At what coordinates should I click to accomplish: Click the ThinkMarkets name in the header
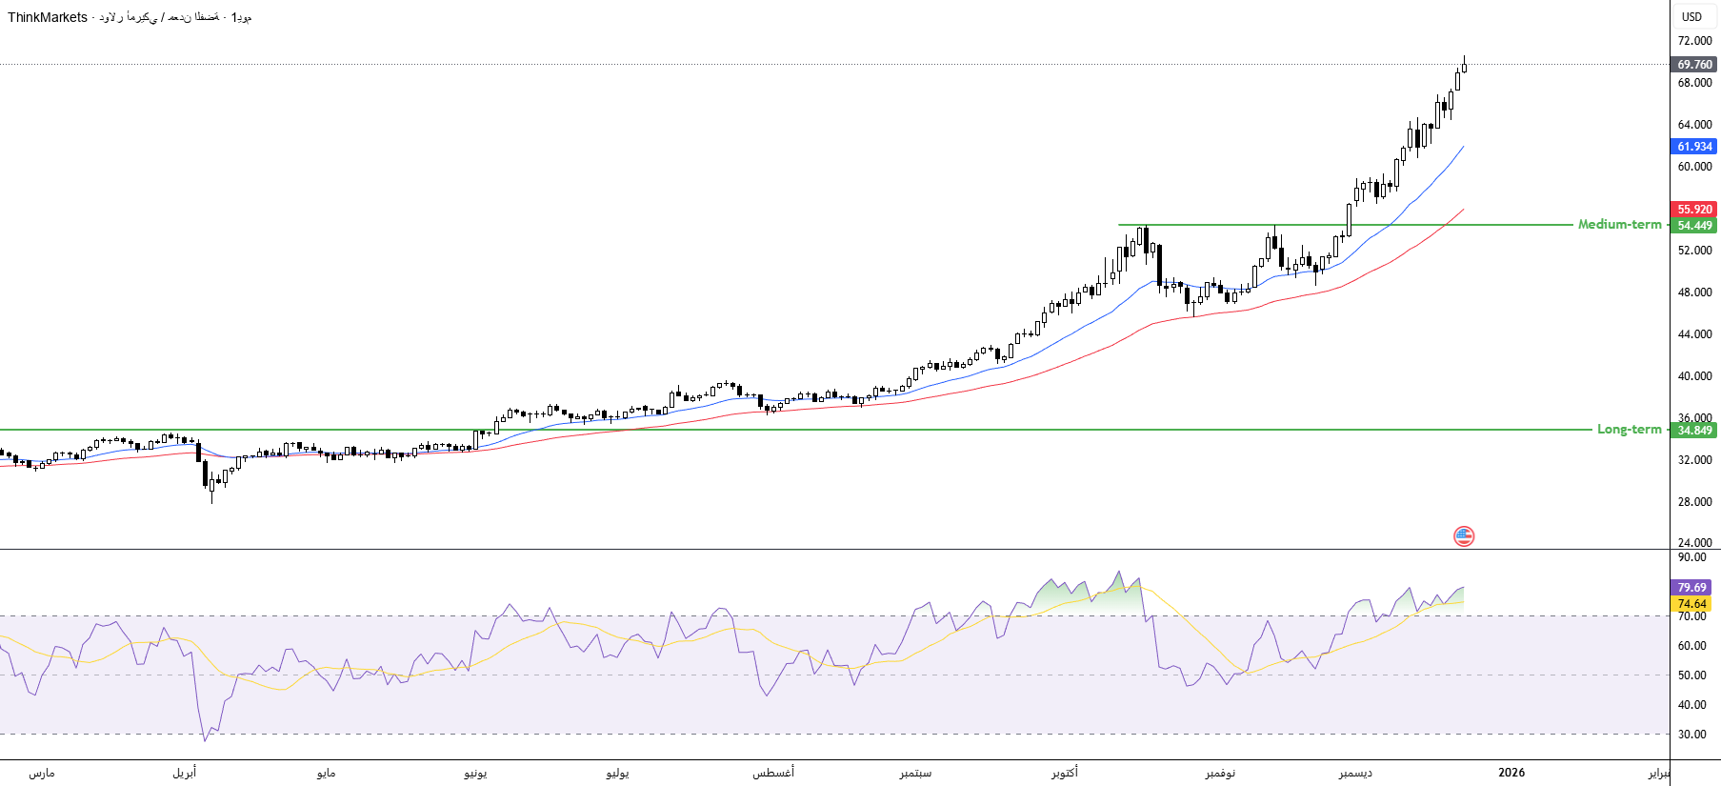tap(48, 17)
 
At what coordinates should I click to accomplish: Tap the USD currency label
tap(1691, 17)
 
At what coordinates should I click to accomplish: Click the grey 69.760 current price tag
tap(1694, 65)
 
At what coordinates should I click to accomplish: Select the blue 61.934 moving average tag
tap(1694, 147)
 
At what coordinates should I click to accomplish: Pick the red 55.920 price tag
tap(1694, 210)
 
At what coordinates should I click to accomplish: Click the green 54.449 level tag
tap(1694, 226)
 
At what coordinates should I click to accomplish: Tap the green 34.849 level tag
tap(1694, 431)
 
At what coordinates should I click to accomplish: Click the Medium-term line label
tap(1619, 225)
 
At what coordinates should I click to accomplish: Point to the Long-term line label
tap(1629, 430)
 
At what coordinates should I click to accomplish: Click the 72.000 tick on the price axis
tap(1694, 41)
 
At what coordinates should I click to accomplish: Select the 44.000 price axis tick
tap(1694, 334)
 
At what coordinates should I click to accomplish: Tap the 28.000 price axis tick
tap(1694, 502)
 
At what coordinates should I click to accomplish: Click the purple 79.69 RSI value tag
tap(1691, 588)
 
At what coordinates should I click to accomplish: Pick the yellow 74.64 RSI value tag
tap(1691, 604)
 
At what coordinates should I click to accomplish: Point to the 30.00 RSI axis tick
tap(1691, 735)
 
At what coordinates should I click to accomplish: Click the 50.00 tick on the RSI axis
tap(1691, 675)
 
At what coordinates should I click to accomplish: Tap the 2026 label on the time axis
tap(1511, 773)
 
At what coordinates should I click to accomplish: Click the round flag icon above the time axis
tap(1464, 536)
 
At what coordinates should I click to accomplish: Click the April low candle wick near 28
tap(211, 495)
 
